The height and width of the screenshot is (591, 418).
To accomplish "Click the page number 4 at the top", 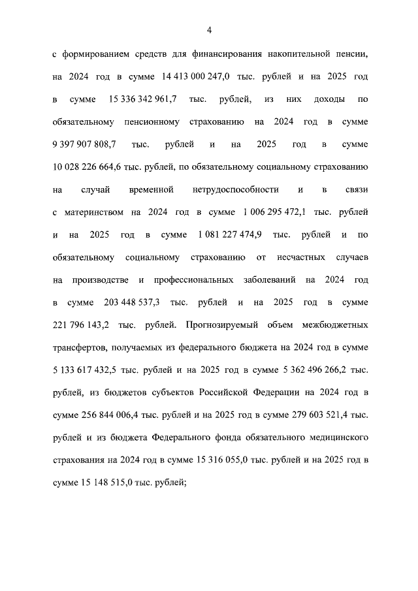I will pos(209,29).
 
